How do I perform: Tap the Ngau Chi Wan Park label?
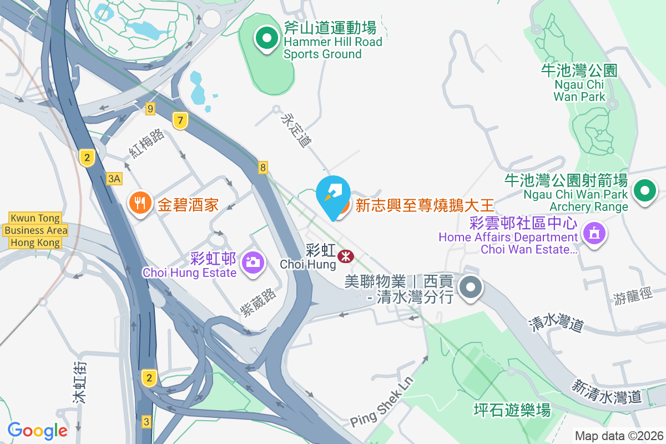pyautogui.click(x=579, y=83)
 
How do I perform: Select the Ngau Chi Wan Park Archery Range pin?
pyautogui.click(x=644, y=192)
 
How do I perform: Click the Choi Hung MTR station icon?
pyautogui.click(x=345, y=256)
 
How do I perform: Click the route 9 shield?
pyautogui.click(x=150, y=109)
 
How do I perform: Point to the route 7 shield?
pyautogui.click(x=179, y=120)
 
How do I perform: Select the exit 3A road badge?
pyautogui.click(x=114, y=178)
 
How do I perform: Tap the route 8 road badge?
pyautogui.click(x=263, y=167)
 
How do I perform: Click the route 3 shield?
pyautogui.click(x=147, y=421)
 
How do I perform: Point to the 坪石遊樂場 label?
pyautogui.click(x=512, y=410)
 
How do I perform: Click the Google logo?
pyautogui.click(x=38, y=430)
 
